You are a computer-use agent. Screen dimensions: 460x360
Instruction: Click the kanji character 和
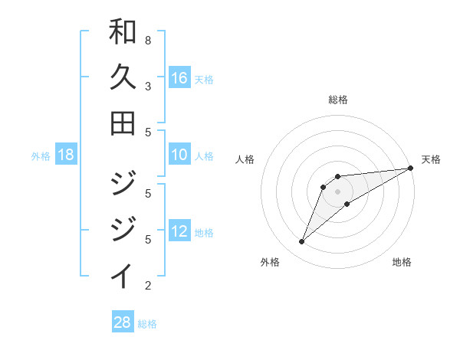tap(123, 32)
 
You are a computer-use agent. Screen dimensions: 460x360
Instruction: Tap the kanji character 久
tap(123, 77)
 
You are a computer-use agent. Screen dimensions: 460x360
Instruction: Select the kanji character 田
tap(123, 123)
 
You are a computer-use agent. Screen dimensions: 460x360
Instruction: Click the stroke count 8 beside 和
tap(148, 40)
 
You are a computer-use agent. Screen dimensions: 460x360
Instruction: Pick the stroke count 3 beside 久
tap(148, 86)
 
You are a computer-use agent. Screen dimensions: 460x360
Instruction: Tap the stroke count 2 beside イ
tap(148, 286)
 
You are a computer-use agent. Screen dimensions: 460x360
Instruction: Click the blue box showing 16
tap(179, 78)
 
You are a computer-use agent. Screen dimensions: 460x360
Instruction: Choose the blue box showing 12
tap(179, 231)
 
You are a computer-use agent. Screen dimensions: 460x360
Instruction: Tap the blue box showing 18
tap(66, 155)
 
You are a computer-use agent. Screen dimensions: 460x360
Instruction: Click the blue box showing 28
tap(123, 322)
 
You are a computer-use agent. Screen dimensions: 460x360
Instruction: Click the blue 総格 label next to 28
tap(147, 324)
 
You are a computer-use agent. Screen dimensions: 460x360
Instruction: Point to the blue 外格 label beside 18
tap(41, 156)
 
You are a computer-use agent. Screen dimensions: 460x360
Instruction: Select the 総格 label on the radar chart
tap(337, 100)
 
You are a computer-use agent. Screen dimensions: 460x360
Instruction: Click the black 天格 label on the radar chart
tap(431, 159)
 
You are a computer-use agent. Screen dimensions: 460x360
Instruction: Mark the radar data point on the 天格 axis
tap(410, 168)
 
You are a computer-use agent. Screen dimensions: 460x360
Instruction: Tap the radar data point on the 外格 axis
tap(301, 242)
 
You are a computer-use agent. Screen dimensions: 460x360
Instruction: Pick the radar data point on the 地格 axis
tap(347, 204)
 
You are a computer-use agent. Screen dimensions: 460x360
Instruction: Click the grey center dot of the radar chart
tap(337, 191)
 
